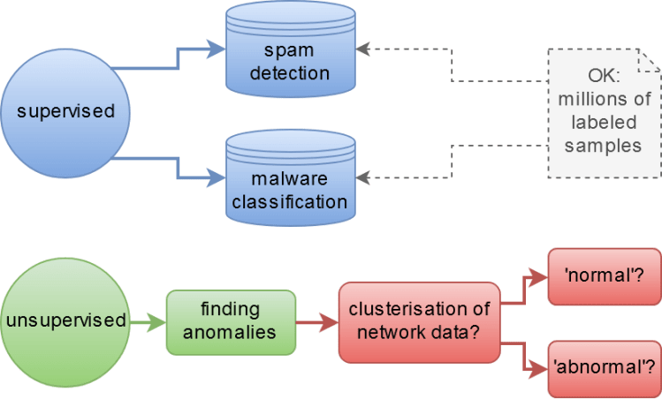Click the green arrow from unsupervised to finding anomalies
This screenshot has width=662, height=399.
tap(146, 320)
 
